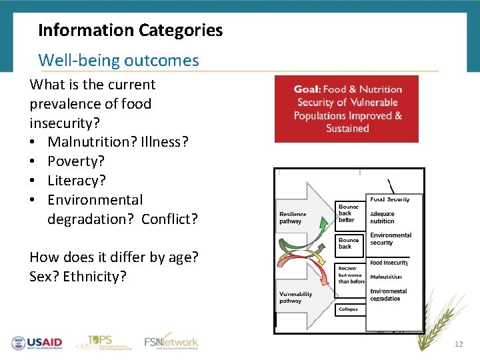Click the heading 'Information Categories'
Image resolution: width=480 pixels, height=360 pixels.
click(131, 30)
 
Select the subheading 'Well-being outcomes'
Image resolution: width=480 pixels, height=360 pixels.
click(119, 60)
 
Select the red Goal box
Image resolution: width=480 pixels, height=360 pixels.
click(347, 109)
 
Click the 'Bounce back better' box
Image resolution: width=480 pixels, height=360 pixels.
click(348, 213)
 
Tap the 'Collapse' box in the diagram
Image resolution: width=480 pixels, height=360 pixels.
click(348, 309)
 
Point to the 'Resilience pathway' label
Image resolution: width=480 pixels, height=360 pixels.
click(293, 218)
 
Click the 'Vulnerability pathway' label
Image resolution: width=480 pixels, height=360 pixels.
click(295, 297)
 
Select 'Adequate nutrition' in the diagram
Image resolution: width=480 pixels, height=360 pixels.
click(382, 218)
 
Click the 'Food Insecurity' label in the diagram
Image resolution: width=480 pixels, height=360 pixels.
click(389, 263)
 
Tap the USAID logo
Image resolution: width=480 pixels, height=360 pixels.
click(37, 343)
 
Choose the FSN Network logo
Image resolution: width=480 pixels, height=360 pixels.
click(171, 342)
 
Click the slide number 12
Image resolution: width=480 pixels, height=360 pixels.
click(458, 344)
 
